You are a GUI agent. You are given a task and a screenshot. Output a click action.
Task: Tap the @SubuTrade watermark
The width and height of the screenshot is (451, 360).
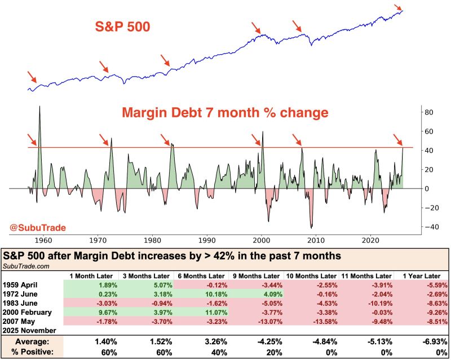tap(37, 227)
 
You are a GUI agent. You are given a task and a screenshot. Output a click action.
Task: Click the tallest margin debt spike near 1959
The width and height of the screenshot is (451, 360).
tap(39, 107)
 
